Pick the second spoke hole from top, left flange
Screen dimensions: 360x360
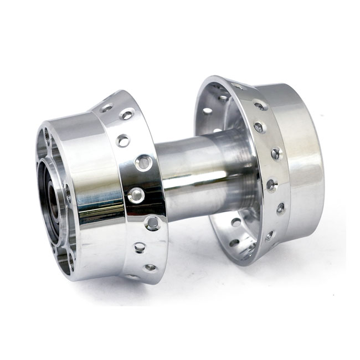(x=127, y=115)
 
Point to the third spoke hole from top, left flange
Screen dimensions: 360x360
(x=123, y=140)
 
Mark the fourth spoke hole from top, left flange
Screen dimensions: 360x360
(x=143, y=163)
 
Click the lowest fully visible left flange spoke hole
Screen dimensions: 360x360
(x=150, y=268)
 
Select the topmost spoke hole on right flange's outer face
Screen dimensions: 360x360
(x=259, y=105)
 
